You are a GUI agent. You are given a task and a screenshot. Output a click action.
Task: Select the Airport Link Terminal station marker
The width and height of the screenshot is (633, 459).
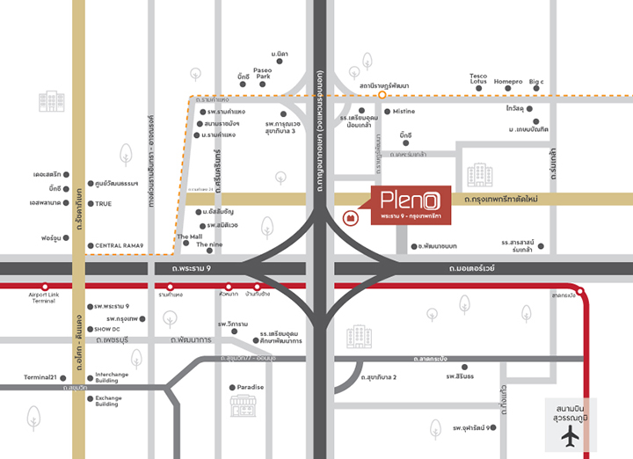pos(44,286)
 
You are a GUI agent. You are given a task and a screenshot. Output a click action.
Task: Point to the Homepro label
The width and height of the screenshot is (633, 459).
pos(508,81)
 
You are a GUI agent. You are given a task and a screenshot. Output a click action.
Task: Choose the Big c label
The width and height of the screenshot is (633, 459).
pos(536,81)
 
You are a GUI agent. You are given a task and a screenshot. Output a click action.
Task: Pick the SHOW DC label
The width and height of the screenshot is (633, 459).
pos(109,329)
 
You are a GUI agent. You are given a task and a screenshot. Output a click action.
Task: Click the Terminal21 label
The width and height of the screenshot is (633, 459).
pos(40,377)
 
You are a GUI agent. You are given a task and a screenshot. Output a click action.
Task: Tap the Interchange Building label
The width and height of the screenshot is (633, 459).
pos(113,377)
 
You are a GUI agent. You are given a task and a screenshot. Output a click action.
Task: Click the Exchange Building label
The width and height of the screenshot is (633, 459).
pos(108,401)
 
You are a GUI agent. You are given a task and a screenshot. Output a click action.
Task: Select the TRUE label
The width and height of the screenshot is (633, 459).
pos(104,204)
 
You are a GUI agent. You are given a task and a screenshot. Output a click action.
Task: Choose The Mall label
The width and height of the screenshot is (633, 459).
pos(190,237)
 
